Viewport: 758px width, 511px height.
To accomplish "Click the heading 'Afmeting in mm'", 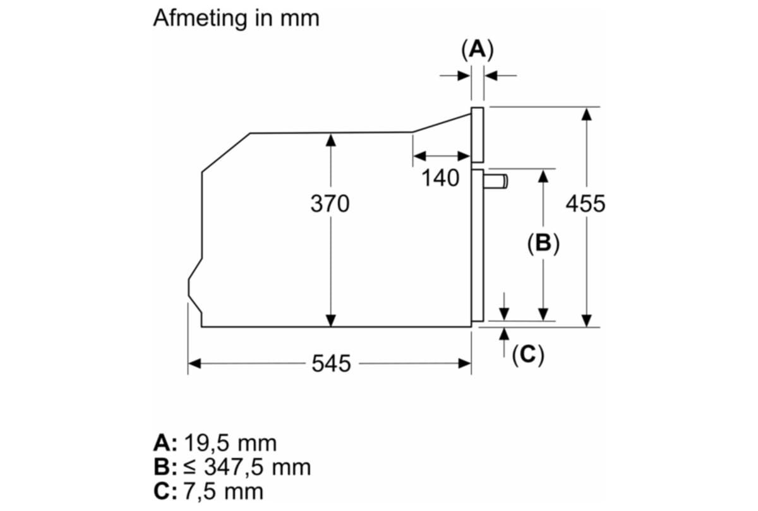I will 236,18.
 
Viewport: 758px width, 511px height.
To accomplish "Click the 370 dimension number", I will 330,204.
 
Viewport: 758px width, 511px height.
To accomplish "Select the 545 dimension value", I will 331,364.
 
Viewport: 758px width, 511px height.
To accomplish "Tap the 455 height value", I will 585,204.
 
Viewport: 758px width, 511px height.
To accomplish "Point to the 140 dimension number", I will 440,179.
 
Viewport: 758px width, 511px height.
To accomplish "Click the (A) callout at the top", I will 478,49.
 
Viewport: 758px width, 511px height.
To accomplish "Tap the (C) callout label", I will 527,355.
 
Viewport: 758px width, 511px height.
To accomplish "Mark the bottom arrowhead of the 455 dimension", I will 587,321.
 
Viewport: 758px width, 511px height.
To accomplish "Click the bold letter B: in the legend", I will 166,468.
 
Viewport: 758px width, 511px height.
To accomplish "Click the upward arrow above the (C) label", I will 504,334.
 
